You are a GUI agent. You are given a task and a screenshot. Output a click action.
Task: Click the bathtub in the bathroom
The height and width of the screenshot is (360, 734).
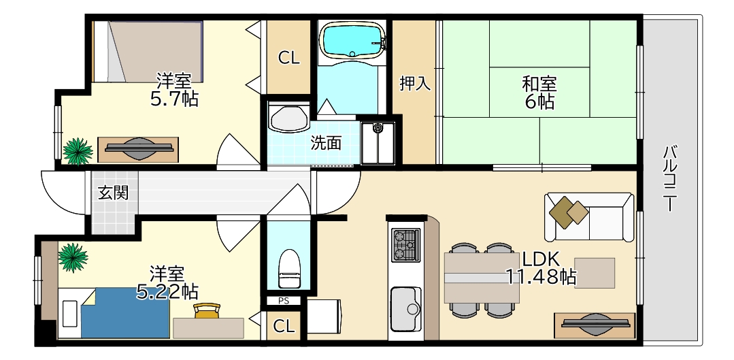(351, 41)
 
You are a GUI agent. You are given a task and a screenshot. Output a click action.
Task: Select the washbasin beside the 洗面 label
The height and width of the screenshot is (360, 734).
(288, 118)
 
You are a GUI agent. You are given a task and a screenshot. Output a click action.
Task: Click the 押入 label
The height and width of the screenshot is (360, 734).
(414, 84)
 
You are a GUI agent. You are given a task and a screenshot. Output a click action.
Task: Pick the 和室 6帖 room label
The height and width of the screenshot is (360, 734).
(539, 93)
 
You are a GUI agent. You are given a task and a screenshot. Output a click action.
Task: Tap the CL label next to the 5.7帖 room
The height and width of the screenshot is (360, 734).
(288, 59)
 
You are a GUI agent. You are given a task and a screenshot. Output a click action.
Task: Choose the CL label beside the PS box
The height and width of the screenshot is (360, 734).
(284, 327)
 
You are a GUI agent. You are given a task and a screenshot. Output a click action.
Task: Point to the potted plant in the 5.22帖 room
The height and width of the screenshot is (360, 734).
(73, 258)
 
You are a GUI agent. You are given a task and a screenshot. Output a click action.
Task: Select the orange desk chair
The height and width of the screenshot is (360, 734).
(207, 311)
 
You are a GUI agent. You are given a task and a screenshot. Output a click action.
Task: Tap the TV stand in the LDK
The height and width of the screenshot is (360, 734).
(594, 325)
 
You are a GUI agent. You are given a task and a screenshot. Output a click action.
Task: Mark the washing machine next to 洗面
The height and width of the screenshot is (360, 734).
(378, 142)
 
